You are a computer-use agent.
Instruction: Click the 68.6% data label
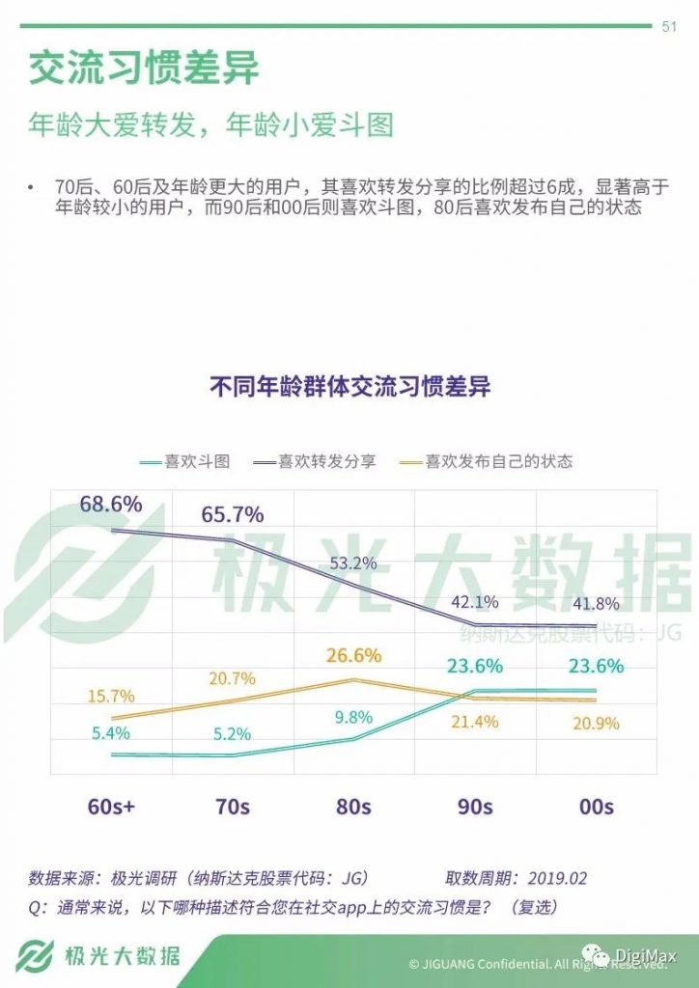[x=111, y=504]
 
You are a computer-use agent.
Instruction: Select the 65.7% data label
[x=233, y=514]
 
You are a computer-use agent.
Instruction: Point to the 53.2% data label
[x=354, y=563]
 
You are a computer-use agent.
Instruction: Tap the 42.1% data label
[x=474, y=602]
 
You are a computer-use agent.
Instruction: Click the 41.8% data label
[x=596, y=603]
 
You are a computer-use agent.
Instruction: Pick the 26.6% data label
[x=354, y=656]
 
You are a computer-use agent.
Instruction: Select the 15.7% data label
[x=111, y=696]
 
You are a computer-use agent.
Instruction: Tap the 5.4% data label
[x=111, y=733]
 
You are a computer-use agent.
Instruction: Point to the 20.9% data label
[x=596, y=724]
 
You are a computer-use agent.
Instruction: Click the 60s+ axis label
[x=111, y=807]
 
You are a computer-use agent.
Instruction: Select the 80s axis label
[x=354, y=807]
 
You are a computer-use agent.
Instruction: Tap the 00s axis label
[x=596, y=807]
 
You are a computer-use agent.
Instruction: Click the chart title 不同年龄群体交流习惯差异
[x=349, y=387]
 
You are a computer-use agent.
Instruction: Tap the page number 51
[x=668, y=27]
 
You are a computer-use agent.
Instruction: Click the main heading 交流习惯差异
[x=144, y=69]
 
